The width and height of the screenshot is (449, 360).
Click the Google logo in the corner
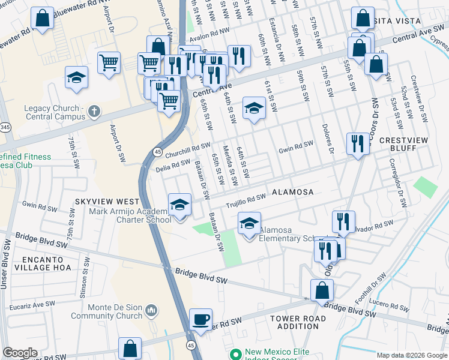click(x=20, y=353)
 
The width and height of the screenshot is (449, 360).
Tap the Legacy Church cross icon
click(x=93, y=111)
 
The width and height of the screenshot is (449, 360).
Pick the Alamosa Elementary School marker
click(x=250, y=224)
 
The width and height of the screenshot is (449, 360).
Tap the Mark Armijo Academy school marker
click(x=179, y=205)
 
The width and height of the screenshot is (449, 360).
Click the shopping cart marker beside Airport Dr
click(x=109, y=63)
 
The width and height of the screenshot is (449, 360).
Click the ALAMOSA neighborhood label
click(x=293, y=192)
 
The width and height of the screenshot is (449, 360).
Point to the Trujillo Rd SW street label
click(x=246, y=201)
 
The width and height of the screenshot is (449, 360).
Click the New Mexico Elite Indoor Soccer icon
click(x=235, y=353)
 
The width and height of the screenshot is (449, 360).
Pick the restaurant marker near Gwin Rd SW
click(x=358, y=144)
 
